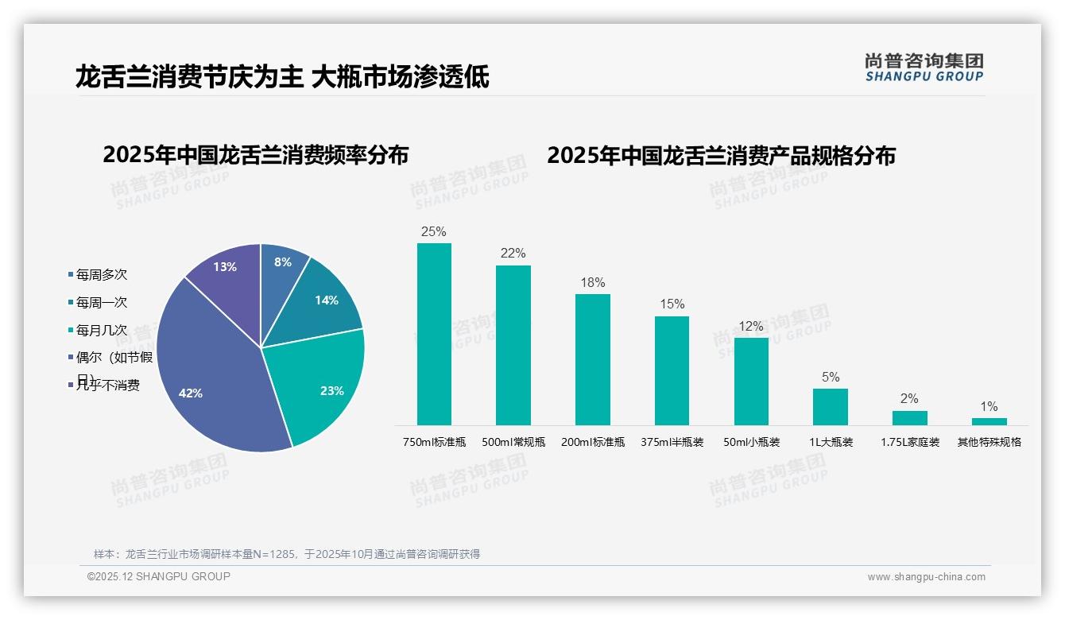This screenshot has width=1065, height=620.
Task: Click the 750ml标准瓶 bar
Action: pyautogui.click(x=434, y=334)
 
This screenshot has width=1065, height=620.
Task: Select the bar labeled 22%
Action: pyautogui.click(x=513, y=345)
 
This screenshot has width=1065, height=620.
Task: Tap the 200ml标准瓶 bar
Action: pyautogui.click(x=592, y=359)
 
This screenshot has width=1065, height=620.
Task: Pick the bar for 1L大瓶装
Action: pyautogui.click(x=830, y=406)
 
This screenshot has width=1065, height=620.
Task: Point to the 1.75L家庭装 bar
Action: pyautogui.click(x=909, y=417)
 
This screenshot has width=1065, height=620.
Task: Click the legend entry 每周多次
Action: pyautogui.click(x=101, y=275)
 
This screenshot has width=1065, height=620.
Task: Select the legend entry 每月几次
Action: pyautogui.click(x=101, y=330)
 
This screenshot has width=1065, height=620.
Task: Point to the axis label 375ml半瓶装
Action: pyautogui.click(x=672, y=442)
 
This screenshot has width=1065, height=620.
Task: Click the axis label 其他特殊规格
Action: pyautogui.click(x=989, y=442)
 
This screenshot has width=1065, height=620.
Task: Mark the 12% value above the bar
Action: pyautogui.click(x=751, y=327)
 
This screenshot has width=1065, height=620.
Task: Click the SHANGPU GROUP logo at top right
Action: pyautogui.click(x=924, y=68)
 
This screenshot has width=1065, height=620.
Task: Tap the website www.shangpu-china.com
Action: pyautogui.click(x=926, y=577)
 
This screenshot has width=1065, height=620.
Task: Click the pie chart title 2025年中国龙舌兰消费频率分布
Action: pyautogui.click(x=255, y=155)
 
